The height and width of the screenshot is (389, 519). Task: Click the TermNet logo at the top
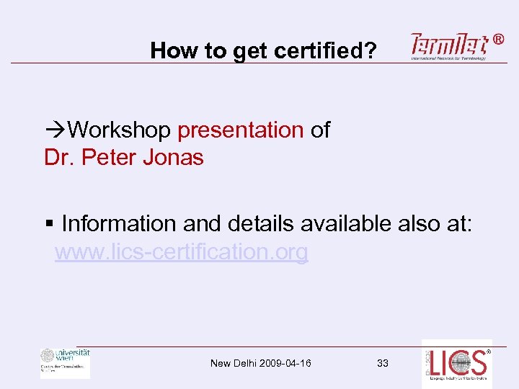coord(449,45)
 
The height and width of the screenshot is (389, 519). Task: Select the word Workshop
coord(120,130)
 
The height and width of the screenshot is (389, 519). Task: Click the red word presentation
coord(241,130)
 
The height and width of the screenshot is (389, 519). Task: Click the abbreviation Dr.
coord(58,157)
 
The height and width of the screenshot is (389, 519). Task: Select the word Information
coord(120,224)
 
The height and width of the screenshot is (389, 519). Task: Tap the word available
coord(347,224)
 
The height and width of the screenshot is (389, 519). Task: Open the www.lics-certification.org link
coord(182,252)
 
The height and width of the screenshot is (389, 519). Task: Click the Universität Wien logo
coord(66,363)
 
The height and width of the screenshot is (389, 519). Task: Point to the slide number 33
coord(383,363)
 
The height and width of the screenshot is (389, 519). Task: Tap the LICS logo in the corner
coord(456,364)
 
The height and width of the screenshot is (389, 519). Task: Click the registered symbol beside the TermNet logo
coord(500,40)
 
